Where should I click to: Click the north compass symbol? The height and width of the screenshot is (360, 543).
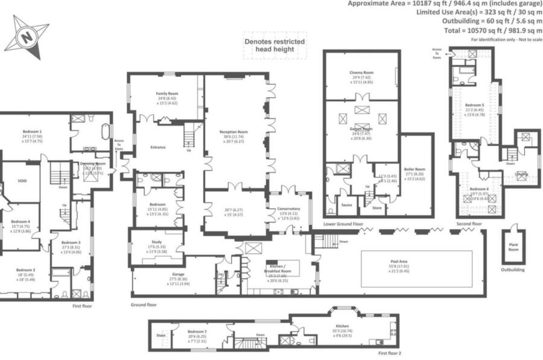pos(27,35)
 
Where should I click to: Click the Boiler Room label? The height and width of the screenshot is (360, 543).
pos(416,169)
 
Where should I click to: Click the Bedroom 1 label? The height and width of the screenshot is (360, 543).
pos(33,131)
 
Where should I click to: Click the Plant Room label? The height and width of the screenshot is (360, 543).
pos(513,247)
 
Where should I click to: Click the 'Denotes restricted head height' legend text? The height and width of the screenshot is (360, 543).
pos(275,45)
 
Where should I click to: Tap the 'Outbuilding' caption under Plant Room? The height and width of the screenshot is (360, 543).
pos(513,270)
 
